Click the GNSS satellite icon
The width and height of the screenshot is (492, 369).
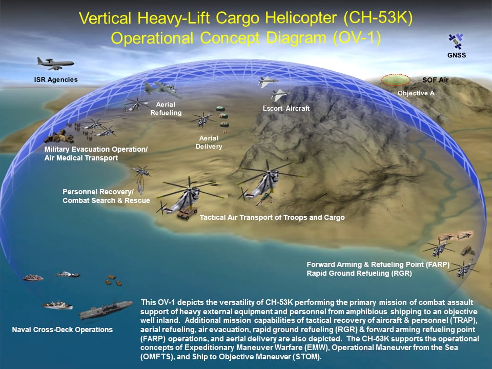pyautogui.click(x=456, y=42)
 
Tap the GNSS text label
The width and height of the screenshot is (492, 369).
pyautogui.click(x=457, y=55)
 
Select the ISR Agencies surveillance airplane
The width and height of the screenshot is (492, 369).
pyautogui.click(x=55, y=64)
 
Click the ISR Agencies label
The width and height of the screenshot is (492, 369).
pyautogui.click(x=56, y=80)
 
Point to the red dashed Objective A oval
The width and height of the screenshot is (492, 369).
pyautogui.click(x=396, y=80)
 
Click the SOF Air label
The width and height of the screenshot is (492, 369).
pyautogui.click(x=435, y=80)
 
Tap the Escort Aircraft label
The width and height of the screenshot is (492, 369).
pyautogui.click(x=286, y=108)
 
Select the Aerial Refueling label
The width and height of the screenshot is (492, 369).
pyautogui.click(x=166, y=109)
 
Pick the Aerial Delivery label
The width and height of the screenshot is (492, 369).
pyautogui.click(x=209, y=142)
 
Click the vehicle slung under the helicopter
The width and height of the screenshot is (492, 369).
pyautogui.click(x=187, y=212)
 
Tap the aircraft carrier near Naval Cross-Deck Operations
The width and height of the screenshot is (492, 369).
pyautogui.click(x=106, y=310)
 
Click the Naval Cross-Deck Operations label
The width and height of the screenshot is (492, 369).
pyautogui.click(x=63, y=330)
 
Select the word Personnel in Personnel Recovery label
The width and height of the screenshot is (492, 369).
pyautogui.click(x=80, y=192)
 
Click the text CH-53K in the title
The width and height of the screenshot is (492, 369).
pyautogui.click(x=378, y=18)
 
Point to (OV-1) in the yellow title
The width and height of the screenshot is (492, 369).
pyautogui.click(x=357, y=38)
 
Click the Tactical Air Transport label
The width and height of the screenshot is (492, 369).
pyautogui.click(x=272, y=217)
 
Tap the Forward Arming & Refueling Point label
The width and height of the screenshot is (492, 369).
pyautogui.click(x=378, y=264)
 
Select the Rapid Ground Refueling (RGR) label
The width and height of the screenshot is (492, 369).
pyautogui.click(x=359, y=273)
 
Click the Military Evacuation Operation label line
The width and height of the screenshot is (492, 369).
pyautogui.click(x=96, y=149)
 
